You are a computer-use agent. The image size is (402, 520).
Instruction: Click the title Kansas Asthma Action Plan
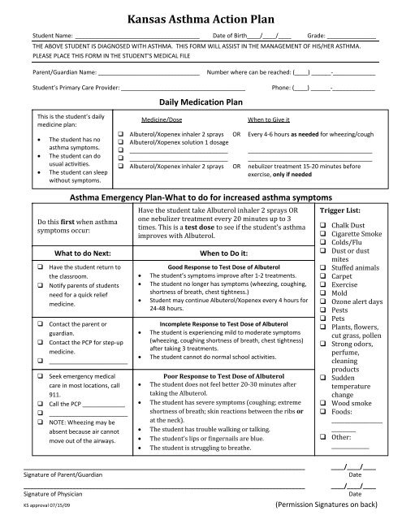pyautogui.click(x=201, y=15)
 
